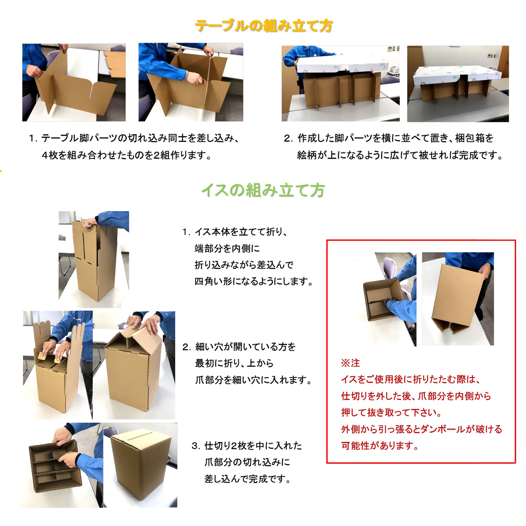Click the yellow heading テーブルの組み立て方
[x=264, y=26]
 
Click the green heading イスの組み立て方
[x=263, y=190]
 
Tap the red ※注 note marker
[x=350, y=363]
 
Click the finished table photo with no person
[x=458, y=84]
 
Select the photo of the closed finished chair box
[x=140, y=465]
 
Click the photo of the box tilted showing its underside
[x=458, y=299]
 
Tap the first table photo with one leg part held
[x=74, y=82]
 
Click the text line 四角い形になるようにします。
[x=253, y=281]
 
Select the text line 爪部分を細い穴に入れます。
[x=253, y=380]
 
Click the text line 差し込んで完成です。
[x=248, y=479]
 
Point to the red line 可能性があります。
[x=380, y=446]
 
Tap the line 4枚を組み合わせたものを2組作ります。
[x=127, y=155]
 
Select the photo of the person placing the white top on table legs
[x=341, y=84]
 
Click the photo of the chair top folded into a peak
[x=134, y=365]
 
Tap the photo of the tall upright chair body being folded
[x=94, y=259]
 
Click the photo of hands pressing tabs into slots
[x=58, y=365]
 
